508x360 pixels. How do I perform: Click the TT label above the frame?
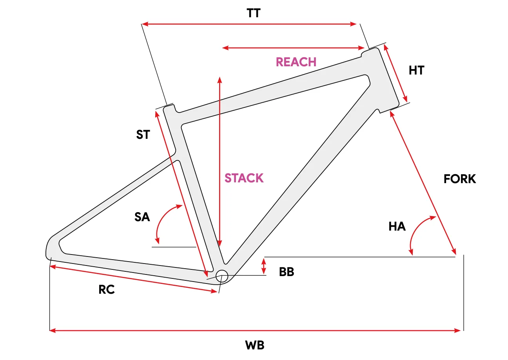tap(254, 13)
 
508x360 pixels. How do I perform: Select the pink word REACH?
tap(296, 62)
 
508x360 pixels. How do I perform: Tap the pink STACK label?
tap(244, 178)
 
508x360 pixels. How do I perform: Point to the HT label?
tap(416, 70)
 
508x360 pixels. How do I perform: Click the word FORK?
tap(460, 179)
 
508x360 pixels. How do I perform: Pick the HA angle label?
tap(397, 226)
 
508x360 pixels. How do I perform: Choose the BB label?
tap(287, 272)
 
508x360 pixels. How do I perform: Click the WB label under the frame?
tap(255, 345)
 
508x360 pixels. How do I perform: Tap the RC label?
tap(107, 290)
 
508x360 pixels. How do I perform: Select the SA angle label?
tap(142, 217)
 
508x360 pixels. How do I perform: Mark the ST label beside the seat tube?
tap(143, 135)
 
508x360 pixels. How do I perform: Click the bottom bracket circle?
tap(221, 276)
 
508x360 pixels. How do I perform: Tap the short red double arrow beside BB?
tap(263, 266)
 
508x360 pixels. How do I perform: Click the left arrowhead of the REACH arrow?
tap(225, 47)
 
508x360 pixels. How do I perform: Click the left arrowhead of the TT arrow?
tap(145, 24)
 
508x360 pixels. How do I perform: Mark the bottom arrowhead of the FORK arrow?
tap(454, 252)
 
